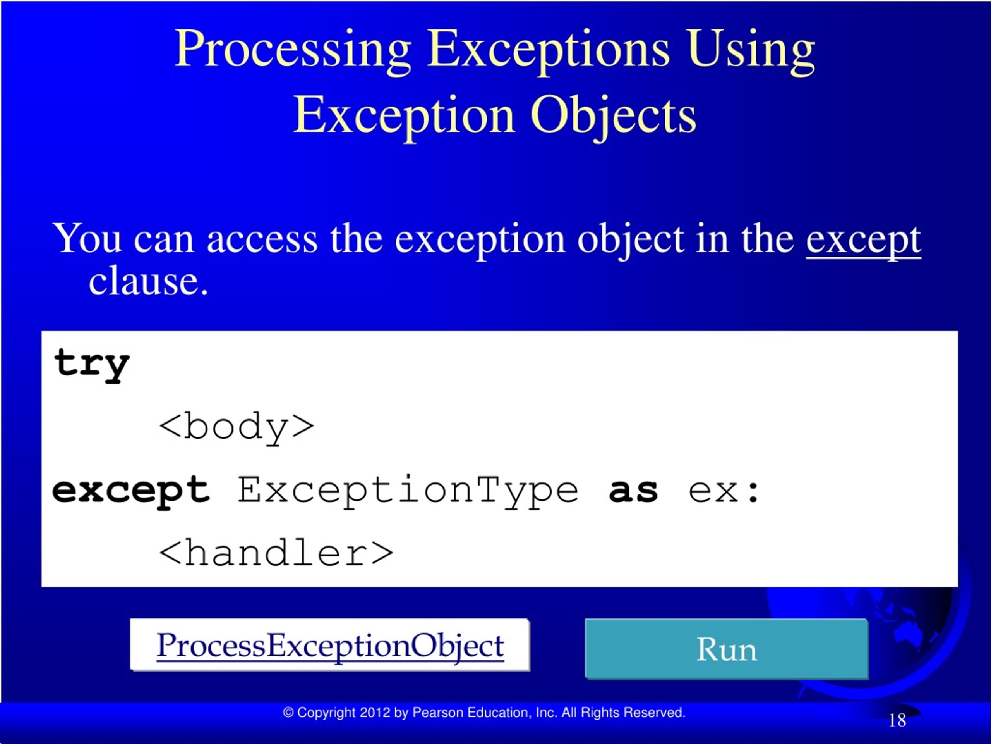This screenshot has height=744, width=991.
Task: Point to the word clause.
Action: click(x=149, y=282)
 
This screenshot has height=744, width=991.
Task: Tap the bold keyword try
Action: click(x=92, y=364)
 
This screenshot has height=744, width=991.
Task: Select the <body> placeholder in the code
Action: click(x=237, y=427)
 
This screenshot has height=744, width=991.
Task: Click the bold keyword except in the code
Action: click(x=131, y=491)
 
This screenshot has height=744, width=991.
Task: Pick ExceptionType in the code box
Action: click(x=408, y=491)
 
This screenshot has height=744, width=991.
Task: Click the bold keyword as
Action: click(x=633, y=491)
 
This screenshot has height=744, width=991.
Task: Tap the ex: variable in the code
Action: click(x=724, y=491)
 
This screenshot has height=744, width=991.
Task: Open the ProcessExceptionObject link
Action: click(x=330, y=646)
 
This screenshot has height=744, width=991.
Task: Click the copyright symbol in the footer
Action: click(x=288, y=713)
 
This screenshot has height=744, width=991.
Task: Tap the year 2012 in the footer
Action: click(x=375, y=713)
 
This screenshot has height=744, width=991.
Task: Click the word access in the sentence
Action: click(x=262, y=239)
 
